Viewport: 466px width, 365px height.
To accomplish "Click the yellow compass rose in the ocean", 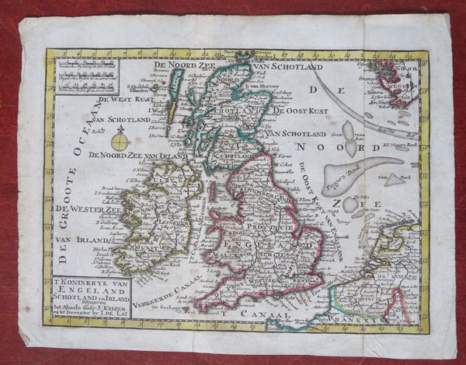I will click(x=120, y=142).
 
